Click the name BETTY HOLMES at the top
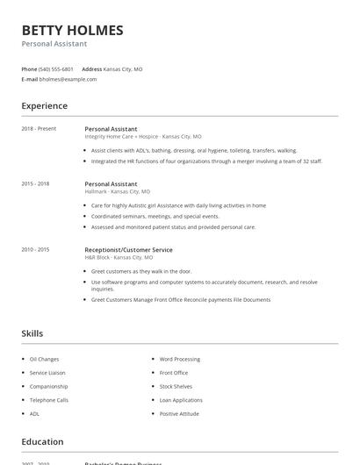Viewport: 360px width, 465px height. pos(72,30)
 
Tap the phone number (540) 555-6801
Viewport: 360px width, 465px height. pos(56,68)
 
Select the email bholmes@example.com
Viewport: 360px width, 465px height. pos(68,79)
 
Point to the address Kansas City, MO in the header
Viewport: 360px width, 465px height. pos(124,68)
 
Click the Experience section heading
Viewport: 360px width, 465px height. pos(44,106)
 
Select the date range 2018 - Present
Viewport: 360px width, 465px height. pos(39,129)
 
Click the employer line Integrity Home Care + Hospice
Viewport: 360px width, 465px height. pos(142,137)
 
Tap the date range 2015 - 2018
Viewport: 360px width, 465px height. pos(35,184)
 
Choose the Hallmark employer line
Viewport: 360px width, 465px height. pos(117,191)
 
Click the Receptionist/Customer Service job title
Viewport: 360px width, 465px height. pos(128,250)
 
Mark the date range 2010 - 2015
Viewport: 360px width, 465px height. pos(35,250)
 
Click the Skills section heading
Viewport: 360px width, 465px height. pos(32,333)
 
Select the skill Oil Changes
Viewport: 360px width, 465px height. pos(44,359)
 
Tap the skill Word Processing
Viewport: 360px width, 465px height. pos(179,359)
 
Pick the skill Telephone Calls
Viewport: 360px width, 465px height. pos(49,400)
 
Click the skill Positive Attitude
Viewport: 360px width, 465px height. pos(180,413)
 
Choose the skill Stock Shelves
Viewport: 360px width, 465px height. pos(176,386)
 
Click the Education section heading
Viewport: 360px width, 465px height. pos(42,442)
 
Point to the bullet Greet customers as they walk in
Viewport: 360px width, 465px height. pos(140,272)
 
